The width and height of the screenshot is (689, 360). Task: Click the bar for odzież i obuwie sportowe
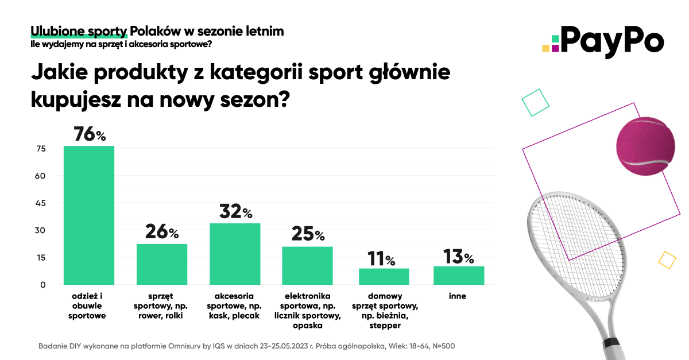point(89,215)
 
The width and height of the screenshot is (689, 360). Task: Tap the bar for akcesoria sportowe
point(235,254)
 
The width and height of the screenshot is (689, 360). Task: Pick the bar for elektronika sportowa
point(308,265)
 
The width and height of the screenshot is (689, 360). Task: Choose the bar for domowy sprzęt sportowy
point(384,276)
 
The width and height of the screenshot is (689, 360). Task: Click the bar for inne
point(458,275)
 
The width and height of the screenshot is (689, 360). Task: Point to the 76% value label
point(90,134)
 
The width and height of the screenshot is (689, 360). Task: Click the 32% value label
point(235,211)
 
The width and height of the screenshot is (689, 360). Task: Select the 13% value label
point(458,256)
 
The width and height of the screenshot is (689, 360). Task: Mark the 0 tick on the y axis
point(43,285)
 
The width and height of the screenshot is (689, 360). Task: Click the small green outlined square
point(536,103)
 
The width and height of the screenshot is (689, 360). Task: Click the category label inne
point(458,296)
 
